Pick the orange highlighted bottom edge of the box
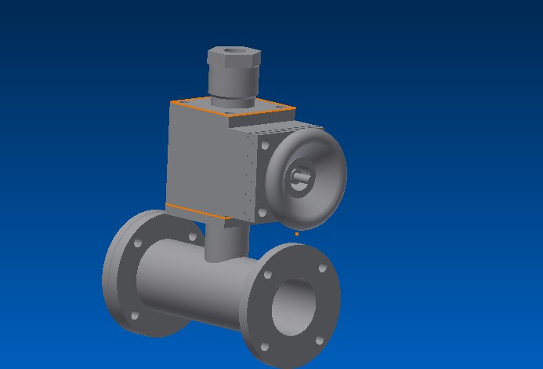[x=196, y=211]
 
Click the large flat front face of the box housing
[x=205, y=161]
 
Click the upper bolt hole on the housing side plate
[x=265, y=145]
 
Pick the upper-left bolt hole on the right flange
[x=268, y=276]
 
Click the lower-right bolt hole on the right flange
[x=320, y=340]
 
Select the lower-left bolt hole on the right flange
[x=264, y=346]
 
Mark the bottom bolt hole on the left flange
[x=134, y=316]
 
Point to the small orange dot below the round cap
[x=296, y=233]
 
